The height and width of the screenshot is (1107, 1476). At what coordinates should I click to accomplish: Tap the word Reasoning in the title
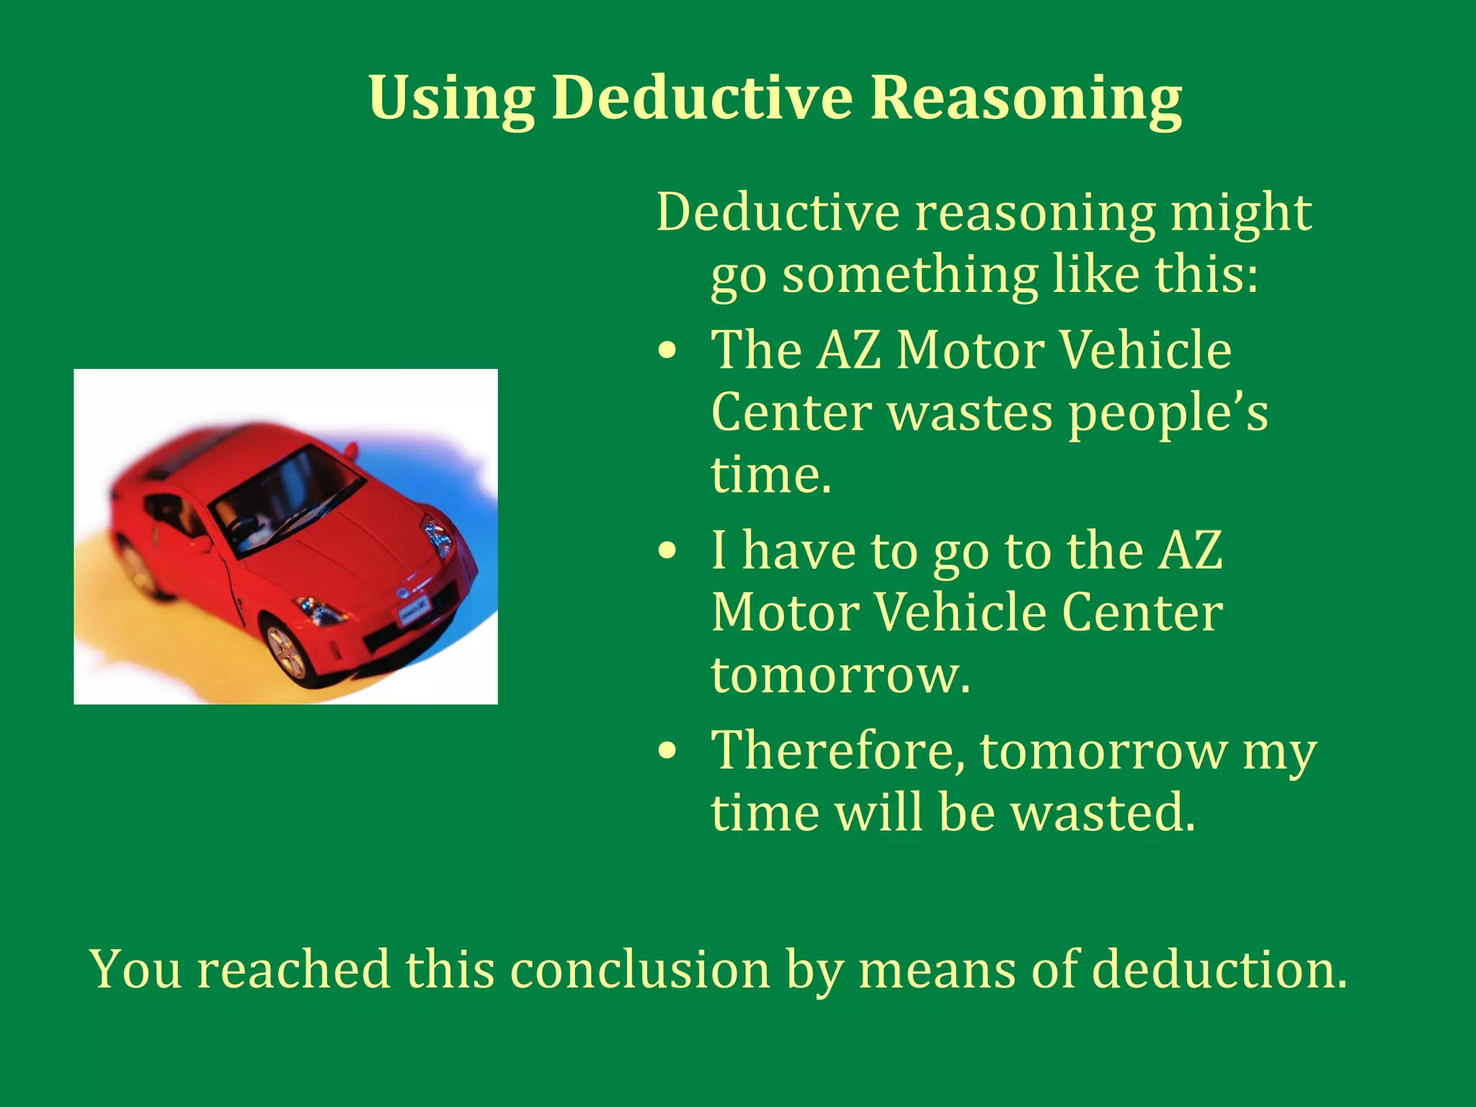coord(1026,99)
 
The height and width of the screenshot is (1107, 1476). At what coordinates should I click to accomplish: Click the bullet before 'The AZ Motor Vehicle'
coord(667,351)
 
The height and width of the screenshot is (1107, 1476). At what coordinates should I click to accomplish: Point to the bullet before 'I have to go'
coord(667,551)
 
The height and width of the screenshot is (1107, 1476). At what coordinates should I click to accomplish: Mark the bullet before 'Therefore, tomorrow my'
coord(667,751)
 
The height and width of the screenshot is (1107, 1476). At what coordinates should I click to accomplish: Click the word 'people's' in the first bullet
coord(1168,414)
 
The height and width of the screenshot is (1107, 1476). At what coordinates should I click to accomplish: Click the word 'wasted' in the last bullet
coord(1102,813)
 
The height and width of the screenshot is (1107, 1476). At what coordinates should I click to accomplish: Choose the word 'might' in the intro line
coord(1240,214)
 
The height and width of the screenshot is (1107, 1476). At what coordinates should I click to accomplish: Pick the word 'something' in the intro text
coord(910,276)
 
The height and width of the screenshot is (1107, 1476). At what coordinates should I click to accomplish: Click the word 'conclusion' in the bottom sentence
coord(640,969)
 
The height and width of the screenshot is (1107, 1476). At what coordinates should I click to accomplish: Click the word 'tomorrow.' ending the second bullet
coord(840,675)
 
